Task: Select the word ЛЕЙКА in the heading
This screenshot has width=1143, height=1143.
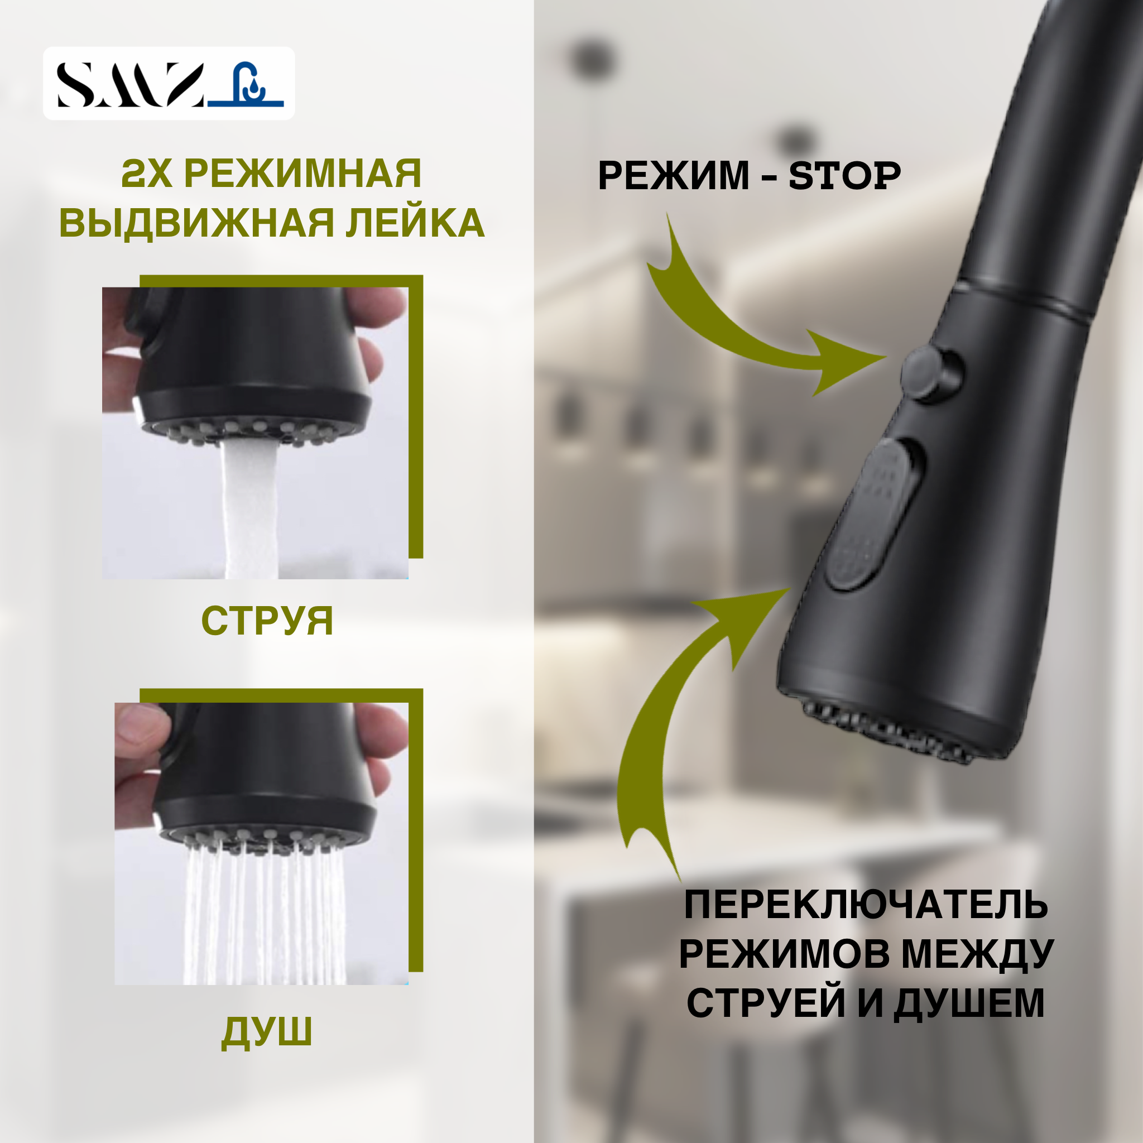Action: point(415,223)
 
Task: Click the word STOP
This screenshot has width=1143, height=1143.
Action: point(844,176)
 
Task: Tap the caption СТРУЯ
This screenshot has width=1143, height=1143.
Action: point(267,621)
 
